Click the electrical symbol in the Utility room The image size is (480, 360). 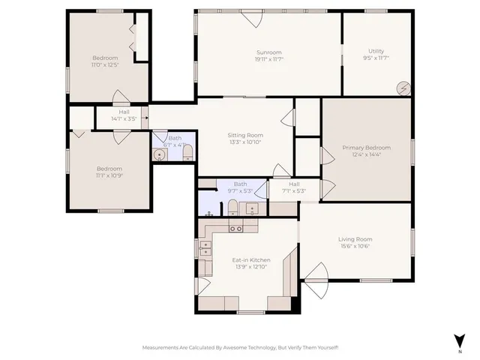[404, 88]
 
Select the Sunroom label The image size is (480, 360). [268, 52]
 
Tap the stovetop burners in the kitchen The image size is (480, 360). [205, 249]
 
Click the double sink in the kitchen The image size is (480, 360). [235, 228]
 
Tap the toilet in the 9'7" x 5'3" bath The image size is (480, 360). [232, 207]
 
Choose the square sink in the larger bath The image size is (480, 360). [254, 208]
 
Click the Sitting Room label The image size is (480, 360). [245, 135]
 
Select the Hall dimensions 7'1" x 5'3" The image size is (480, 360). [294, 190]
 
